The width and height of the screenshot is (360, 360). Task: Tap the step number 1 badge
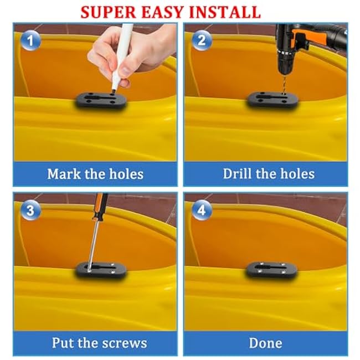[30, 40]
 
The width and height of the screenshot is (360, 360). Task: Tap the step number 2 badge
[202, 40]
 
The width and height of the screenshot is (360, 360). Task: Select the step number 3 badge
[30, 210]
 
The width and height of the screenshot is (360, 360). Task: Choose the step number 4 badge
[202, 210]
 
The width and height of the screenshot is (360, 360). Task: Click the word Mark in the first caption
[64, 174]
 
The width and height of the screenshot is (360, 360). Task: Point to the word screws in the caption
[125, 343]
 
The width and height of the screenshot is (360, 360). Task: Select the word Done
[266, 343]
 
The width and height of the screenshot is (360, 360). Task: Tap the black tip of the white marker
[113, 91]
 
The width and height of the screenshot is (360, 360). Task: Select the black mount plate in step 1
[100, 101]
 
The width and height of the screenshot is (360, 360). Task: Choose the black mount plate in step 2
[272, 100]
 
